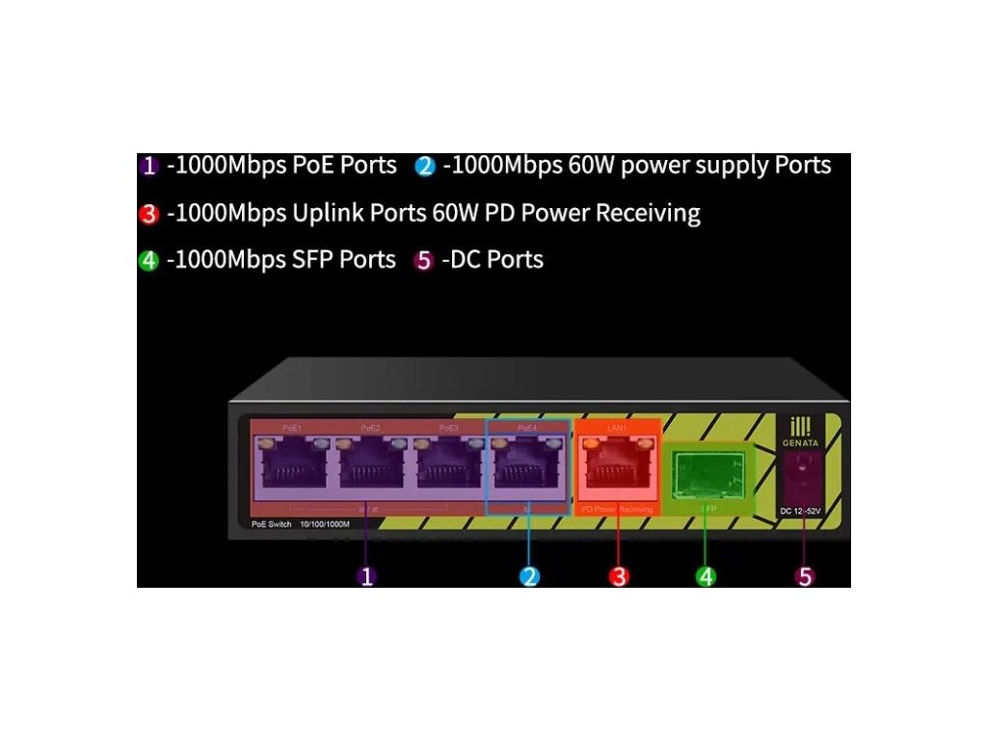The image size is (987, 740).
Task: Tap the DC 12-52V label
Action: [799, 510]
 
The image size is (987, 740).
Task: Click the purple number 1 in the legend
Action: [148, 166]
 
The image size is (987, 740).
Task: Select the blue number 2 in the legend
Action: [425, 166]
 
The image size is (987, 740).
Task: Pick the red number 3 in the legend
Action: [148, 214]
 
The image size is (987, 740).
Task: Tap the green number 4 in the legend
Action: [148, 261]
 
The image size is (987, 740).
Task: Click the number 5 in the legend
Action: [423, 261]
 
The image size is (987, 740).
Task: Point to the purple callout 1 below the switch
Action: [365, 576]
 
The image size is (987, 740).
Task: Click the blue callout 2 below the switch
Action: [529, 576]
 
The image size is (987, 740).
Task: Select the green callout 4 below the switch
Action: [707, 576]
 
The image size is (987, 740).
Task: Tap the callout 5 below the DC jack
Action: [805, 576]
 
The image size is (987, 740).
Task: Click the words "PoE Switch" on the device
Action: [258, 523]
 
